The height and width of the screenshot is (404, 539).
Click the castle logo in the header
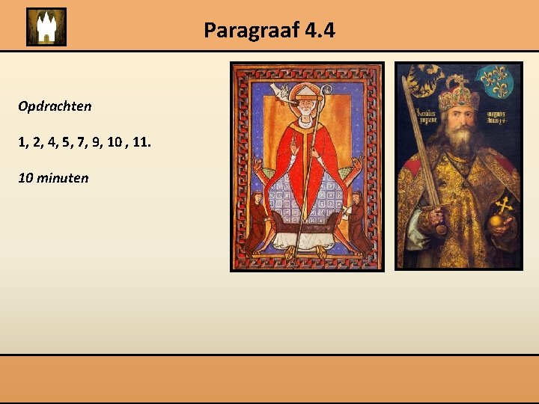(46, 27)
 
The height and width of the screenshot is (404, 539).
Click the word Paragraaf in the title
(241, 31)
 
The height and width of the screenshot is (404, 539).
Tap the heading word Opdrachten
(55, 106)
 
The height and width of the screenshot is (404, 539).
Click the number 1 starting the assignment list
(22, 142)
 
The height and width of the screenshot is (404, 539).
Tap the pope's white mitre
(304, 94)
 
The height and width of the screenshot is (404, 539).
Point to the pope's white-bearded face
(305, 113)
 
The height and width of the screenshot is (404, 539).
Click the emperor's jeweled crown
(458, 96)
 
